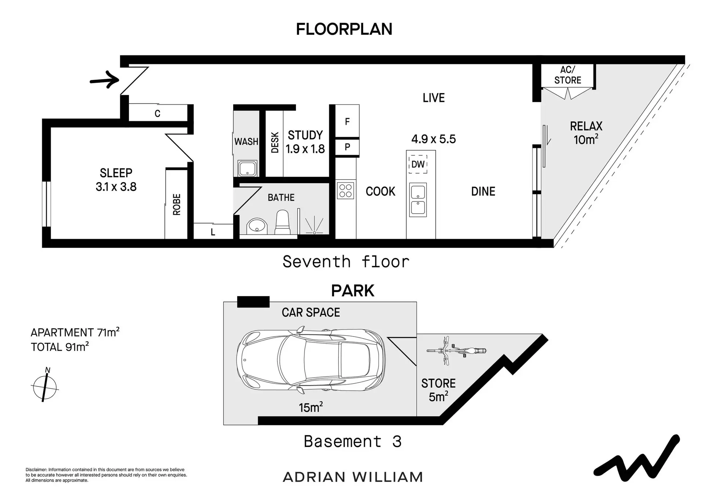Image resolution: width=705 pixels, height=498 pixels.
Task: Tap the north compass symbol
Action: pos(45,386)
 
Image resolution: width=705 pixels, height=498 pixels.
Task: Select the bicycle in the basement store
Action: pos(456,350)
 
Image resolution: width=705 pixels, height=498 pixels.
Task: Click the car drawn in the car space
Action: pos(311,359)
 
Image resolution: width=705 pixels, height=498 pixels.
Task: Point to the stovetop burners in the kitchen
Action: pos(346,191)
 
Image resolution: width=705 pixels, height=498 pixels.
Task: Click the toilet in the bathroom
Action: pos(282,222)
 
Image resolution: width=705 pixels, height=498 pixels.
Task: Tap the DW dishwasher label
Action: pos(418,164)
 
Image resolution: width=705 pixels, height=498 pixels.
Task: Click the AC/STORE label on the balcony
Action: pos(568,75)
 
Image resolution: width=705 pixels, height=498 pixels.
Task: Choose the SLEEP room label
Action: pos(116,172)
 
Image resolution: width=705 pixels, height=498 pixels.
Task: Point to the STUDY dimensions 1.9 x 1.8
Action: pos(305,149)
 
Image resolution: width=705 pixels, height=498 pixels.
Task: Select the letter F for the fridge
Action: pos(347,121)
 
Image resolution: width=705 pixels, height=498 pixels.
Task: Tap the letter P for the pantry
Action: pos(347,147)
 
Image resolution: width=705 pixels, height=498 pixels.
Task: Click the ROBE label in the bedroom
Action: pos(177,204)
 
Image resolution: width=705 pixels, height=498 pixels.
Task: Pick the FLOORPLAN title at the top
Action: pos(344,29)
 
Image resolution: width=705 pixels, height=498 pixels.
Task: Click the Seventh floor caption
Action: pos(346,262)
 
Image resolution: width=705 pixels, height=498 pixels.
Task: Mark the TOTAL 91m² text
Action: pos(60,347)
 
